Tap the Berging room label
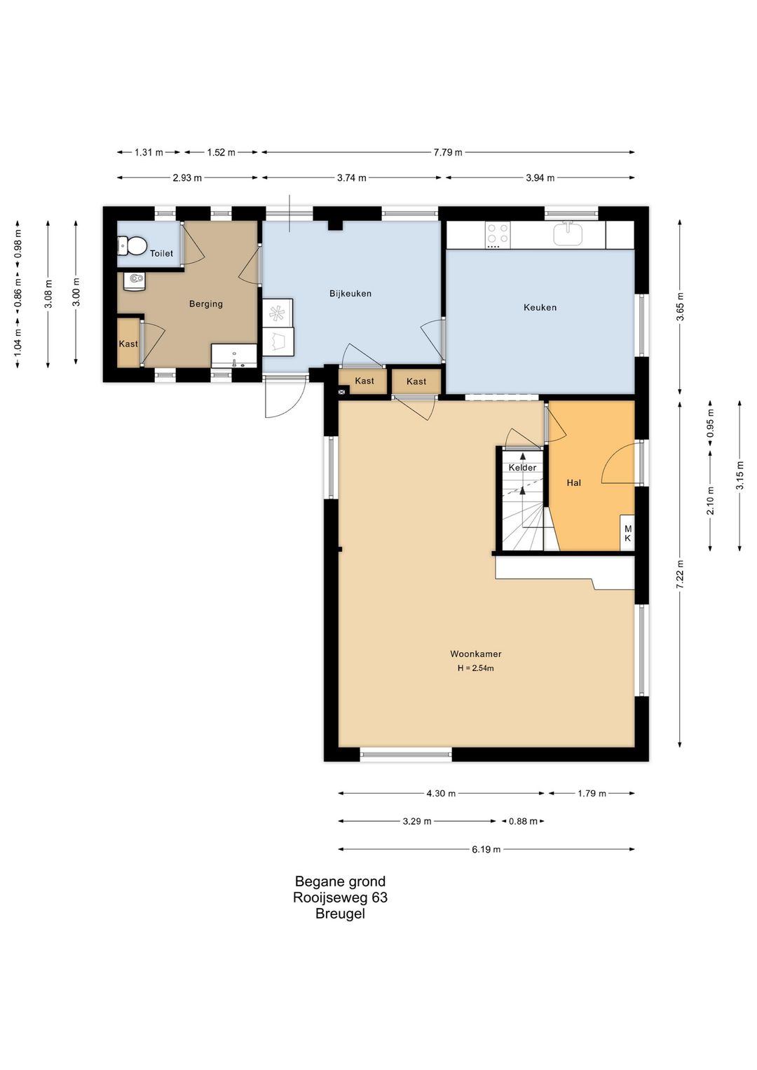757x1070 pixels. point(206,304)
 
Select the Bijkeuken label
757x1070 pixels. point(350,293)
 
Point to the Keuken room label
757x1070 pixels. point(540,307)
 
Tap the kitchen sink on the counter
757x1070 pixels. point(568,233)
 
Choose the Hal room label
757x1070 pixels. point(573,483)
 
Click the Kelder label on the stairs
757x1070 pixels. point(522,468)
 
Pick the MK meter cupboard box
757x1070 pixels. point(627,533)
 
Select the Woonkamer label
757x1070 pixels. point(476,654)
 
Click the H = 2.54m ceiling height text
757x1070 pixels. point(476,668)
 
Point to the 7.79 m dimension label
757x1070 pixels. point(447,152)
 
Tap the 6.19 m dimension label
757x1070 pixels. point(486,849)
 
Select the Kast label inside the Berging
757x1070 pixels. point(128,344)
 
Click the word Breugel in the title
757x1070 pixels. point(340,914)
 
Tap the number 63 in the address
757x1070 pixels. point(380,898)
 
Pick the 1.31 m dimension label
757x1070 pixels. point(149,152)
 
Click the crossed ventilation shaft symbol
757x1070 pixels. point(342,392)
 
